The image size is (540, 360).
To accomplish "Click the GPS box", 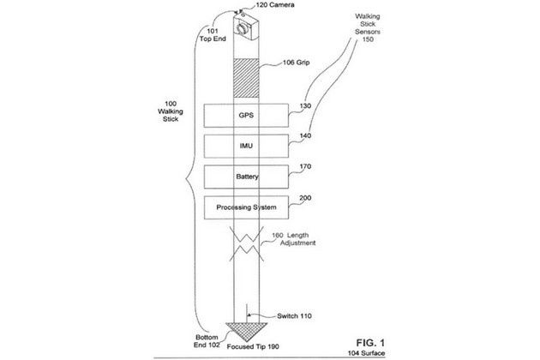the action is point(246,116).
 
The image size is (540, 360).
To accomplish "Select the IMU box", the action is point(246,146).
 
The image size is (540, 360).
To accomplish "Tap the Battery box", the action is point(246,177).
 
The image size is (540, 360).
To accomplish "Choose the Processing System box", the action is point(246,207).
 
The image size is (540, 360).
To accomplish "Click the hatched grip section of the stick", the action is point(246,78).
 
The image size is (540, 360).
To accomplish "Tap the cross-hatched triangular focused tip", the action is point(246,331).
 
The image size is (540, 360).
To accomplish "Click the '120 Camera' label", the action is point(275,5).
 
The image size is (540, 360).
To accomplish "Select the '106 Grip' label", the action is point(297,63).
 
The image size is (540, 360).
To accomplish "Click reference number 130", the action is point(305,105).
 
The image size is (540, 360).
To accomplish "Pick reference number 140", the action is point(305,135).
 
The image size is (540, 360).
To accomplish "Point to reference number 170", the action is point(305,166).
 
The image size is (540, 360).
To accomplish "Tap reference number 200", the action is point(305,198).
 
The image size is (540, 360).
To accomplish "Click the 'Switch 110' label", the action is point(295,316).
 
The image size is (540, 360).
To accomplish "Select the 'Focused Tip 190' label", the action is point(253,346).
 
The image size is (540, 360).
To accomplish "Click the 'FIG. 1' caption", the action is point(370,343).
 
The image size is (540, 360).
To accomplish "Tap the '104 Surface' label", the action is point(367,353).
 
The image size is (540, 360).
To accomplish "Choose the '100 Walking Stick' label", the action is point(171,111).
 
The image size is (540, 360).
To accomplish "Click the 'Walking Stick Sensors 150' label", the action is point(368,27).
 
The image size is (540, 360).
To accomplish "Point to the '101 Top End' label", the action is point(213,35).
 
